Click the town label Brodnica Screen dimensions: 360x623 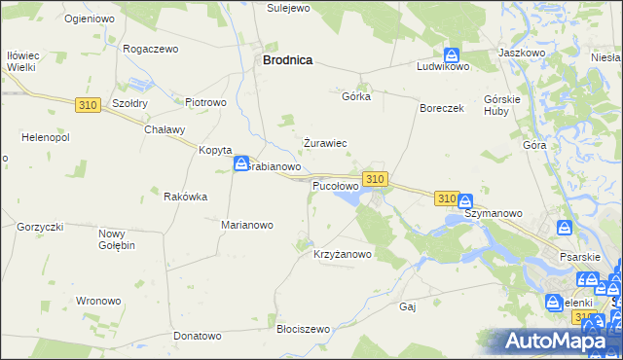click(287, 59)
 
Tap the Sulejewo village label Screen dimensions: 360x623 click(287, 7)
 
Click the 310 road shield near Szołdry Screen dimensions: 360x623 click(87, 104)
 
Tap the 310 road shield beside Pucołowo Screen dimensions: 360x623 click(376, 179)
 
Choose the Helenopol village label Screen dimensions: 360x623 click(38, 137)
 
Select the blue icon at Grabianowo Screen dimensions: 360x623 click(241, 164)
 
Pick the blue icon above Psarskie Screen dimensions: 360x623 click(565, 227)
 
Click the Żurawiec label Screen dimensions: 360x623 click(325, 143)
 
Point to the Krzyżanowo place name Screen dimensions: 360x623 click(343, 255)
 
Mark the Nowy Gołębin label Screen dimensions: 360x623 click(117, 238)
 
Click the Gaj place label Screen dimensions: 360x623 click(408, 306)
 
